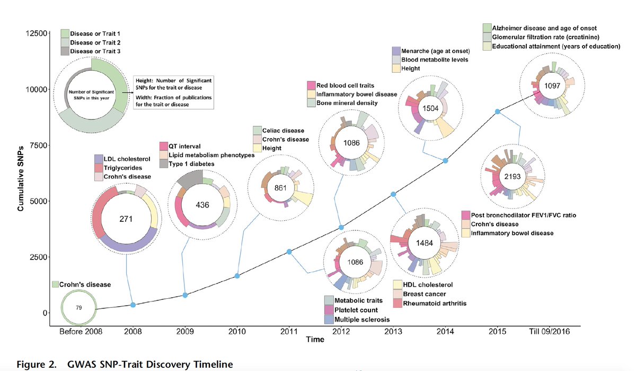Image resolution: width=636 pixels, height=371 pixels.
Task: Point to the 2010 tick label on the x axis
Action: [237, 332]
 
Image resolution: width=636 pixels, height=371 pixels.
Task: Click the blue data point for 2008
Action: [133, 305]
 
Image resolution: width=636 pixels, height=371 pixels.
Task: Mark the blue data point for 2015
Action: [497, 111]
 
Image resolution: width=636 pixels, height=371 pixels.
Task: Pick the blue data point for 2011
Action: [289, 252]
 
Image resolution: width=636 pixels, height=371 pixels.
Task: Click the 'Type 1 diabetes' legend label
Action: [191, 164]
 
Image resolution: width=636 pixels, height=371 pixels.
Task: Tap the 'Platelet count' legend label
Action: [359, 310]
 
